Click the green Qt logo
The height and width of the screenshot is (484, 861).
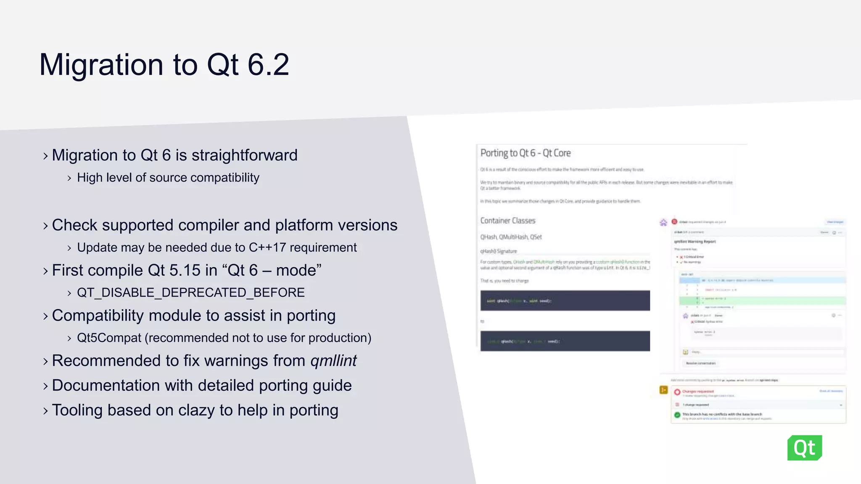pos(804,448)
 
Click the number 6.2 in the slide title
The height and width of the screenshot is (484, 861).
pos(268,65)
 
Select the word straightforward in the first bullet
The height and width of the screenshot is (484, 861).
pos(244,155)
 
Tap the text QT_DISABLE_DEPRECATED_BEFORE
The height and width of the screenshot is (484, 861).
pos(191,292)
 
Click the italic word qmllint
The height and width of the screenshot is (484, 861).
pos(333,361)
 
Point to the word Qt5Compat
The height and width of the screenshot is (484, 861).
pos(109,338)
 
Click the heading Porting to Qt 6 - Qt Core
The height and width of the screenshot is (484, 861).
pos(526,153)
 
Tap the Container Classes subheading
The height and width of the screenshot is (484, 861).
pos(508,221)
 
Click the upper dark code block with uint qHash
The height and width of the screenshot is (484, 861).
pos(565,300)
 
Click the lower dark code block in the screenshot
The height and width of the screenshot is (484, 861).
pos(565,341)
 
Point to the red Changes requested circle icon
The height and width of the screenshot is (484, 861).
pos(677,392)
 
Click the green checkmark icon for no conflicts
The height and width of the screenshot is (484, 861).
pos(677,415)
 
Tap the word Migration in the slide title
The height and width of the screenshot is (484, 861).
pos(101,65)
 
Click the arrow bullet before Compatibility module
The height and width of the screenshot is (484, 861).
pos(45,316)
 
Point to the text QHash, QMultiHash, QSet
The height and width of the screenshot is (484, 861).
pos(511,237)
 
